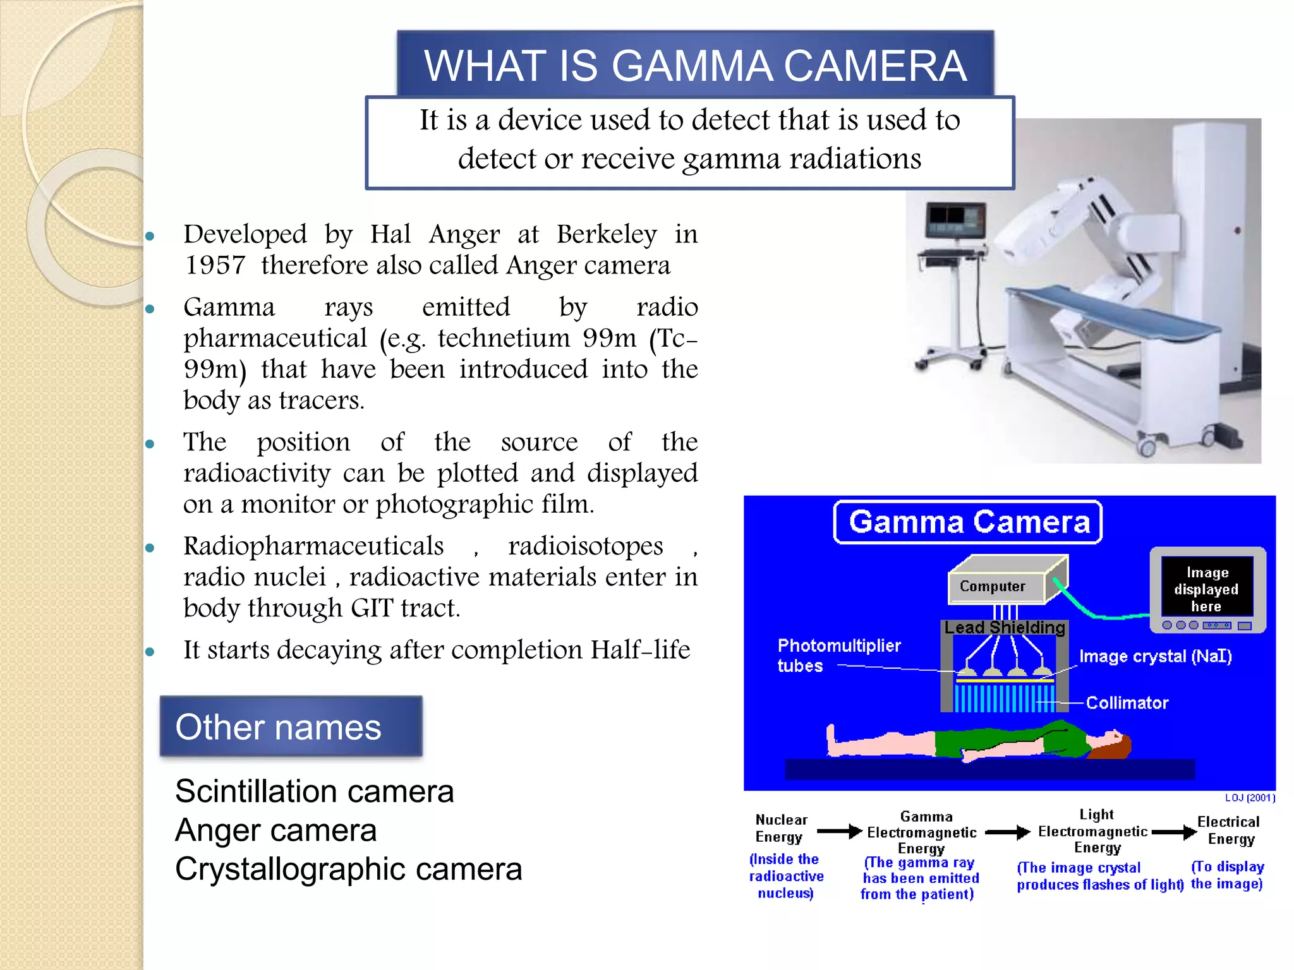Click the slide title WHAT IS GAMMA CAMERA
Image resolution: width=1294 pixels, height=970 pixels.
[x=695, y=66]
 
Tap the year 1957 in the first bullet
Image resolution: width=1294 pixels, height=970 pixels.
[x=215, y=265]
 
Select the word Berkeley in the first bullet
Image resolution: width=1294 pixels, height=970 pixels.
[x=607, y=234]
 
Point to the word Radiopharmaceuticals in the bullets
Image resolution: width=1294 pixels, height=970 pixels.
[x=313, y=546]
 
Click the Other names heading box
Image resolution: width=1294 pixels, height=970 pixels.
[x=291, y=727]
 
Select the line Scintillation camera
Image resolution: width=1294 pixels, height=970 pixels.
[x=314, y=791]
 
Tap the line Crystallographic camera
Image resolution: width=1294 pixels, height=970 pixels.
[x=348, y=869]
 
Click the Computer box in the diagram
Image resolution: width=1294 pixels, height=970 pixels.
[x=993, y=587]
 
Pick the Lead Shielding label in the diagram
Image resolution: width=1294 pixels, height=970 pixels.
[x=1005, y=628]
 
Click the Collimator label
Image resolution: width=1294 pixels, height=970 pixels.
[x=1127, y=703]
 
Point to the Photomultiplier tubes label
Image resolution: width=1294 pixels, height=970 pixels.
[x=838, y=656]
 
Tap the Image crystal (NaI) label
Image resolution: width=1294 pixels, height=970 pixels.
[x=1155, y=657]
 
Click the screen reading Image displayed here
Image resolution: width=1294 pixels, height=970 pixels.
[x=1206, y=589]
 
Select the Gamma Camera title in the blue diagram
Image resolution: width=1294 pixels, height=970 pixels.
[x=969, y=522]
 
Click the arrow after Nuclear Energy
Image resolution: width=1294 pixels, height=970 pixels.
[x=839, y=831]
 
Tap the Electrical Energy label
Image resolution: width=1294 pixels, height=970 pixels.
[x=1229, y=830]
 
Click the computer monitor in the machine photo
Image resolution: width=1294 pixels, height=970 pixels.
[x=955, y=220]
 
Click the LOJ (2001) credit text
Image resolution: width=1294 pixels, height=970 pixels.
[x=1250, y=798]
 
